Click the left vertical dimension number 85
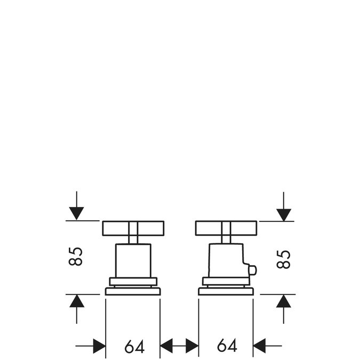pyautogui.click(x=75, y=256)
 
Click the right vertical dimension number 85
pyautogui.click(x=284, y=259)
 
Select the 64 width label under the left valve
pyautogui.click(x=134, y=347)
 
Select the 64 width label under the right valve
pyautogui.click(x=227, y=345)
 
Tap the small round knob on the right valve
pyautogui.click(x=253, y=270)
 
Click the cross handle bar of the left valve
pyautogui.click(x=133, y=228)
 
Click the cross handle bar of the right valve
pyautogui.click(x=226, y=228)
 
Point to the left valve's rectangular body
pyautogui.click(x=133, y=261)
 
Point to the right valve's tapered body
pyautogui.click(x=226, y=261)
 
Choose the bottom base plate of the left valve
pyautogui.click(x=133, y=291)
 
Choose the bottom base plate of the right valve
pyautogui.click(x=226, y=291)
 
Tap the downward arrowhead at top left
pyautogui.click(x=76, y=213)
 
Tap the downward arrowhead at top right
pyautogui.click(x=284, y=215)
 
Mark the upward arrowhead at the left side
pyautogui.click(x=77, y=301)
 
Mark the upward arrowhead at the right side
pyautogui.click(x=284, y=301)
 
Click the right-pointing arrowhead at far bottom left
pyautogui.click(x=99, y=346)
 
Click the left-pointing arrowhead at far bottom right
pyautogui.click(x=259, y=346)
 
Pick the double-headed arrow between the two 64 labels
pyautogui.click(x=179, y=346)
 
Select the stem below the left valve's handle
pyautogui.click(x=133, y=239)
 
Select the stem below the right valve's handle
pyautogui.click(x=226, y=239)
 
